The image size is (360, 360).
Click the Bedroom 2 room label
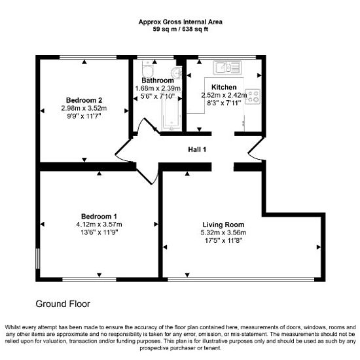pyautogui.click(x=84, y=100)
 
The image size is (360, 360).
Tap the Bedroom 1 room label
pyautogui.click(x=99, y=217)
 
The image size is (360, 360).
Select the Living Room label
pyautogui.click(x=223, y=225)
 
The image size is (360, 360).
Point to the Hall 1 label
pyautogui.click(x=197, y=149)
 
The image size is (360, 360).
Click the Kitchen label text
pyautogui.click(x=224, y=87)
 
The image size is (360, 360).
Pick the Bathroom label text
pyautogui.click(x=158, y=81)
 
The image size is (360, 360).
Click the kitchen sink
pyautogui.click(x=227, y=67)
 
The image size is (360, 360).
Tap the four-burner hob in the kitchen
pyautogui.click(x=253, y=97)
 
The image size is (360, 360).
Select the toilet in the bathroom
pyautogui.click(x=147, y=69)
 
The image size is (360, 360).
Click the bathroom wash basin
pyautogui.click(x=177, y=73)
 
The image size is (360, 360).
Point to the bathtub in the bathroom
pyautogui.click(x=170, y=114)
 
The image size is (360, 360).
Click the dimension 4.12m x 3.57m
pyautogui.click(x=99, y=225)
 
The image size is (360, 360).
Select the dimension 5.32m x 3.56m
pyautogui.click(x=223, y=232)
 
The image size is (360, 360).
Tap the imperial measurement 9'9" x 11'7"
pyautogui.click(x=84, y=116)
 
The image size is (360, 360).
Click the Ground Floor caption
pyautogui.click(x=63, y=304)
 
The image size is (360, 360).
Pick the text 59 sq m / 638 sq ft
pyautogui.click(x=181, y=29)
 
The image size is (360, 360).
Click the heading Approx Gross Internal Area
pyautogui.click(x=181, y=22)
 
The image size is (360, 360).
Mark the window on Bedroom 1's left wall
pyautogui.click(x=38, y=259)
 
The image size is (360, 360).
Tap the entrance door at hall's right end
pyautogui.click(x=255, y=149)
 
